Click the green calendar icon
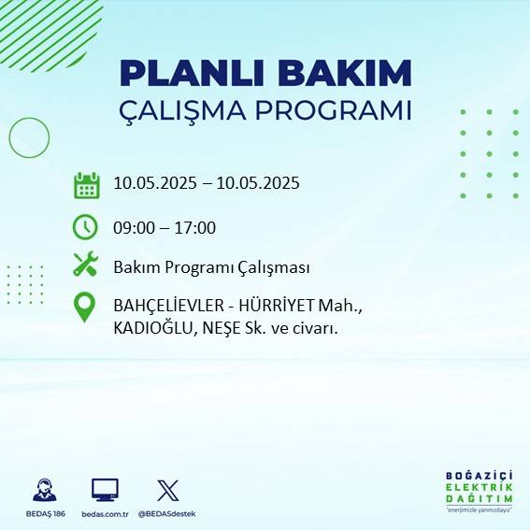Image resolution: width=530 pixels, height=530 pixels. click(86, 185)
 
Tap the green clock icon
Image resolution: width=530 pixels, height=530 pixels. click(85, 226)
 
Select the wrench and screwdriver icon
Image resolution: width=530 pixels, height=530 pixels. click(85, 265)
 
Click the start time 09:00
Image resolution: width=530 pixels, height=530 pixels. click(134, 227)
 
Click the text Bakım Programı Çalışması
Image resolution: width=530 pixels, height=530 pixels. click(211, 267)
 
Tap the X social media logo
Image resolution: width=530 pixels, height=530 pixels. click(167, 490)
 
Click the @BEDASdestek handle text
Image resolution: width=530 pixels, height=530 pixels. click(167, 513)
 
